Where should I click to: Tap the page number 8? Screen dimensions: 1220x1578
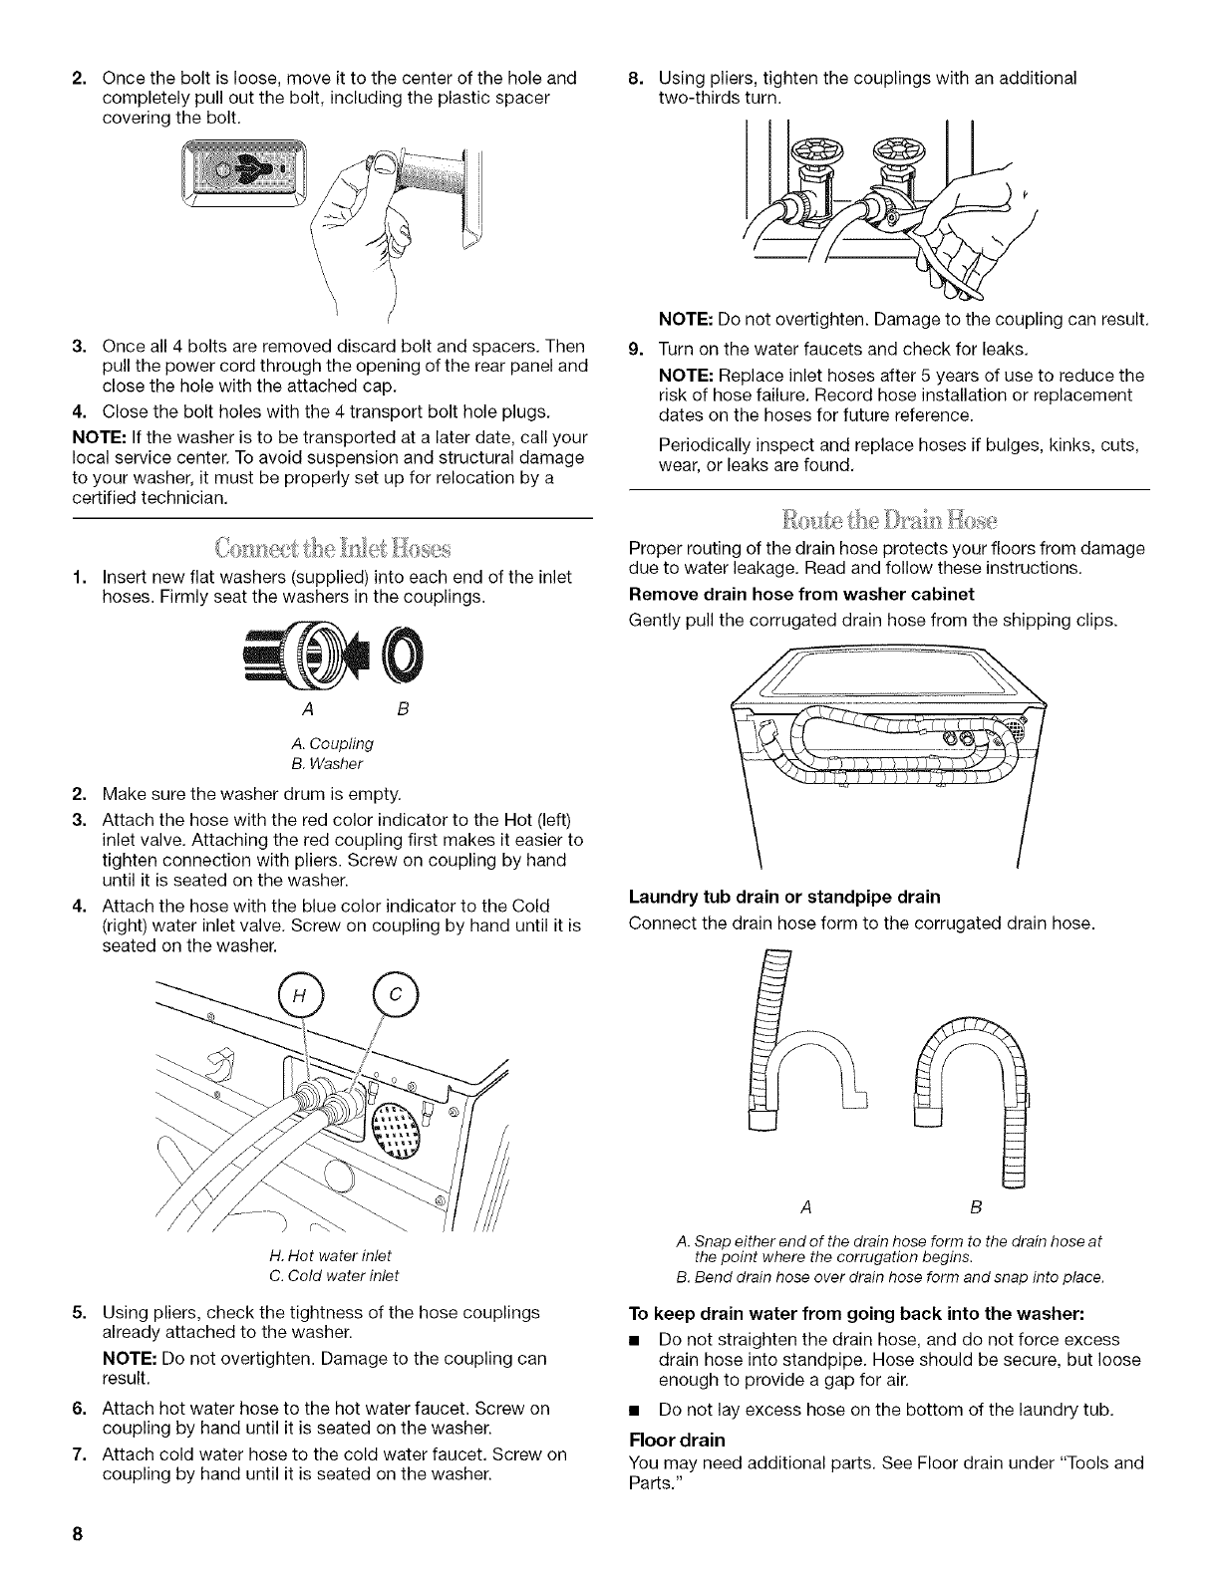(x=76, y=1534)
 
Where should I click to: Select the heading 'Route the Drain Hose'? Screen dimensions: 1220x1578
(x=888, y=519)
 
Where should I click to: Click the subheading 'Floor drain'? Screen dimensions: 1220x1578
(x=675, y=1441)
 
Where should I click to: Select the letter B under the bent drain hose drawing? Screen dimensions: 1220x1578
(x=974, y=1207)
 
